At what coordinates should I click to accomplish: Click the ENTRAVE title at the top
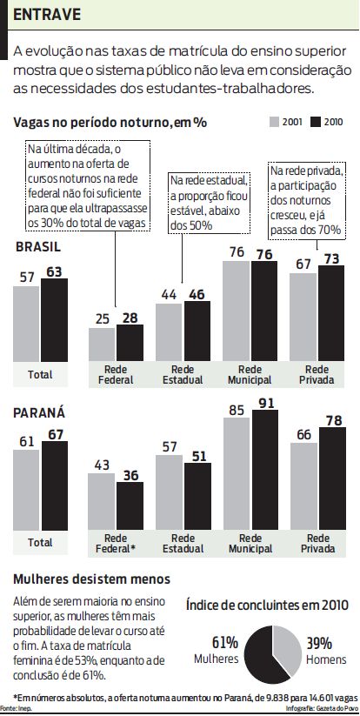[x=47, y=15]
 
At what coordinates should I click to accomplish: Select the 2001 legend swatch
[x=274, y=122]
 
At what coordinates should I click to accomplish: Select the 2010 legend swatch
[x=317, y=122]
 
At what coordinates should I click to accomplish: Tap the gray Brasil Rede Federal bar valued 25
[x=102, y=345]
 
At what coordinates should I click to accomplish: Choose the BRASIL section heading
[x=38, y=247]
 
